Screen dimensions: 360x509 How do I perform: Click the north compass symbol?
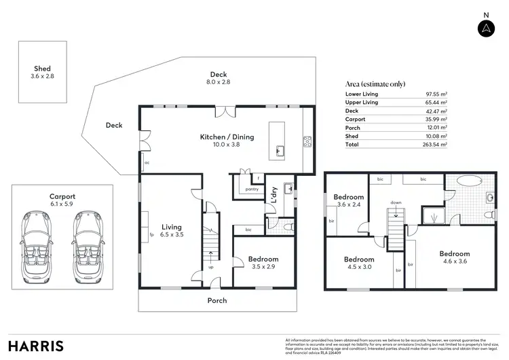[485, 28]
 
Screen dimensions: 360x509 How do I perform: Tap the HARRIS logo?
[36, 345]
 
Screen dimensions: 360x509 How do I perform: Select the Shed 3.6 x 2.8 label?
[42, 73]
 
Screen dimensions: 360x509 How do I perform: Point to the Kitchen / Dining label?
[227, 141]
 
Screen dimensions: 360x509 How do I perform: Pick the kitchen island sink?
[279, 150]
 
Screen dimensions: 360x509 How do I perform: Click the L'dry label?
[274, 196]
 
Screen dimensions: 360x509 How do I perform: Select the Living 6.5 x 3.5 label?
[172, 231]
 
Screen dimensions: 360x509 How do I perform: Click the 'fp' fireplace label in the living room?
[151, 235]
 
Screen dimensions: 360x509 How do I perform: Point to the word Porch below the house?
[217, 300]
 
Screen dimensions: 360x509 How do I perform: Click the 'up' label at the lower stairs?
[210, 267]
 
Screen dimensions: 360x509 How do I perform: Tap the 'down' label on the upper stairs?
[395, 202]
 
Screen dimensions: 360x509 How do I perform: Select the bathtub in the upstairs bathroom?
[466, 182]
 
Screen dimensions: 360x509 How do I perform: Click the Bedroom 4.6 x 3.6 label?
[454, 257]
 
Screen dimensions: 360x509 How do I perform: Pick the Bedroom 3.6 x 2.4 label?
[349, 201]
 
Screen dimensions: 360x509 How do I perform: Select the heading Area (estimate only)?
[375, 84]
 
